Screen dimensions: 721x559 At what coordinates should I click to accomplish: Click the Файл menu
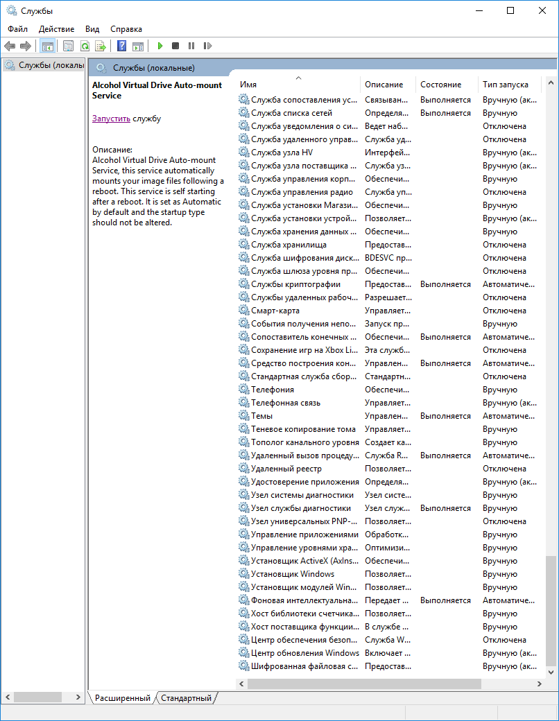pyautogui.click(x=18, y=29)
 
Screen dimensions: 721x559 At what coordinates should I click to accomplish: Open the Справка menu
pyautogui.click(x=126, y=29)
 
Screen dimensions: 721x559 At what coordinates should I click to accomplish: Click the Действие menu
pyautogui.click(x=57, y=29)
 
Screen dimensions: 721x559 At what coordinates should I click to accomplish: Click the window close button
pyautogui.click(x=542, y=10)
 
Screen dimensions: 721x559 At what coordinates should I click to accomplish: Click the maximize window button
pyautogui.click(x=510, y=10)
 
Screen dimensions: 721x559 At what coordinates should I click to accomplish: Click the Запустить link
pyautogui.click(x=111, y=119)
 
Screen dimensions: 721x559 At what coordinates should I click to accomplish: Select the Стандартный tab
pyautogui.click(x=186, y=698)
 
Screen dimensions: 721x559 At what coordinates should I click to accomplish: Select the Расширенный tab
pyautogui.click(x=123, y=698)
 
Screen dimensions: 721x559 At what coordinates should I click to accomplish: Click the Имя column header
pyautogui.click(x=248, y=85)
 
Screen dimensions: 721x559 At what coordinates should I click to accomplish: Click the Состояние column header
pyautogui.click(x=440, y=85)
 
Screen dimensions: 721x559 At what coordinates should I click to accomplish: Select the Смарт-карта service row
pyautogui.click(x=275, y=311)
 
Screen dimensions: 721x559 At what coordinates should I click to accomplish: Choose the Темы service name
pyautogui.click(x=261, y=416)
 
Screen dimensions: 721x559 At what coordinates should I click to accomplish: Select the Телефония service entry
pyautogui.click(x=272, y=390)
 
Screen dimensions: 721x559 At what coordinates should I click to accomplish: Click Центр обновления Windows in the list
pyautogui.click(x=304, y=653)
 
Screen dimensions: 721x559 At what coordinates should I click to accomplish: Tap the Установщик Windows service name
pyautogui.click(x=292, y=574)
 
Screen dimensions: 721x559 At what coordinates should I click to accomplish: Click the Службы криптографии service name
pyautogui.click(x=295, y=284)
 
